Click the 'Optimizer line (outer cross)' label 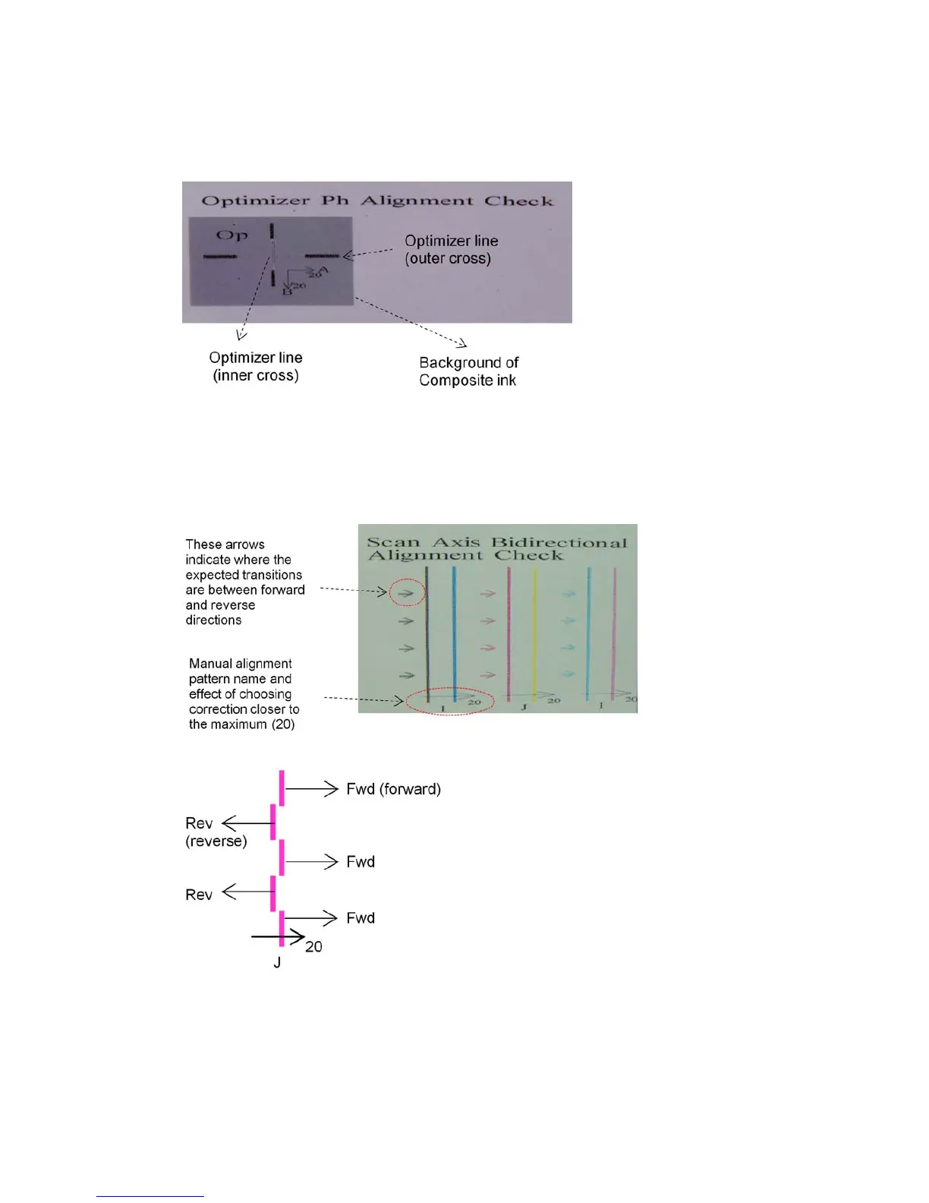point(451,250)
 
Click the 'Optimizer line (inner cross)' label point(256,366)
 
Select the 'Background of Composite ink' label point(468,371)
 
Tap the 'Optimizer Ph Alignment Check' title point(377,200)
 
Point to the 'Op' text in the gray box point(231,235)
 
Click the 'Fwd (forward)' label point(393,789)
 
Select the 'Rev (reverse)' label point(215,832)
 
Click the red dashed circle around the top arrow point(407,592)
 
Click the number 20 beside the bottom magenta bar point(313,947)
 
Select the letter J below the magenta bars point(277,963)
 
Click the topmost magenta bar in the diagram point(282,788)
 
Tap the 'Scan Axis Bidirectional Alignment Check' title point(497,548)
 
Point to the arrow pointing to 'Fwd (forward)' point(312,789)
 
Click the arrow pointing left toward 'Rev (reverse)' point(247,823)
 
